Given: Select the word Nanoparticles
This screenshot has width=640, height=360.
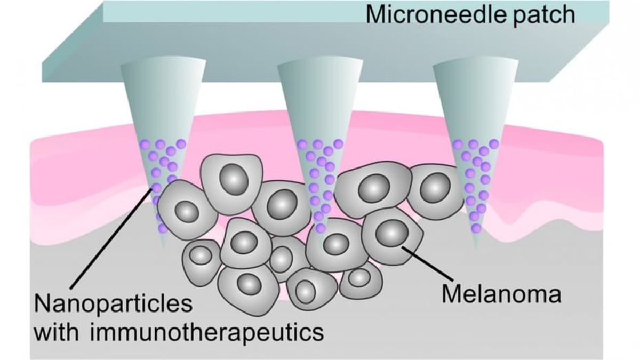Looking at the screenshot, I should (113, 305).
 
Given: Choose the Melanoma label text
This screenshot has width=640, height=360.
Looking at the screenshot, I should (501, 293).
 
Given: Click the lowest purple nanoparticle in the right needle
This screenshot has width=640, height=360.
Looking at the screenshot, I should (476, 228).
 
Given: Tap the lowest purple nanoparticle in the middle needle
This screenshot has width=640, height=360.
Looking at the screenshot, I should (321, 228).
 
